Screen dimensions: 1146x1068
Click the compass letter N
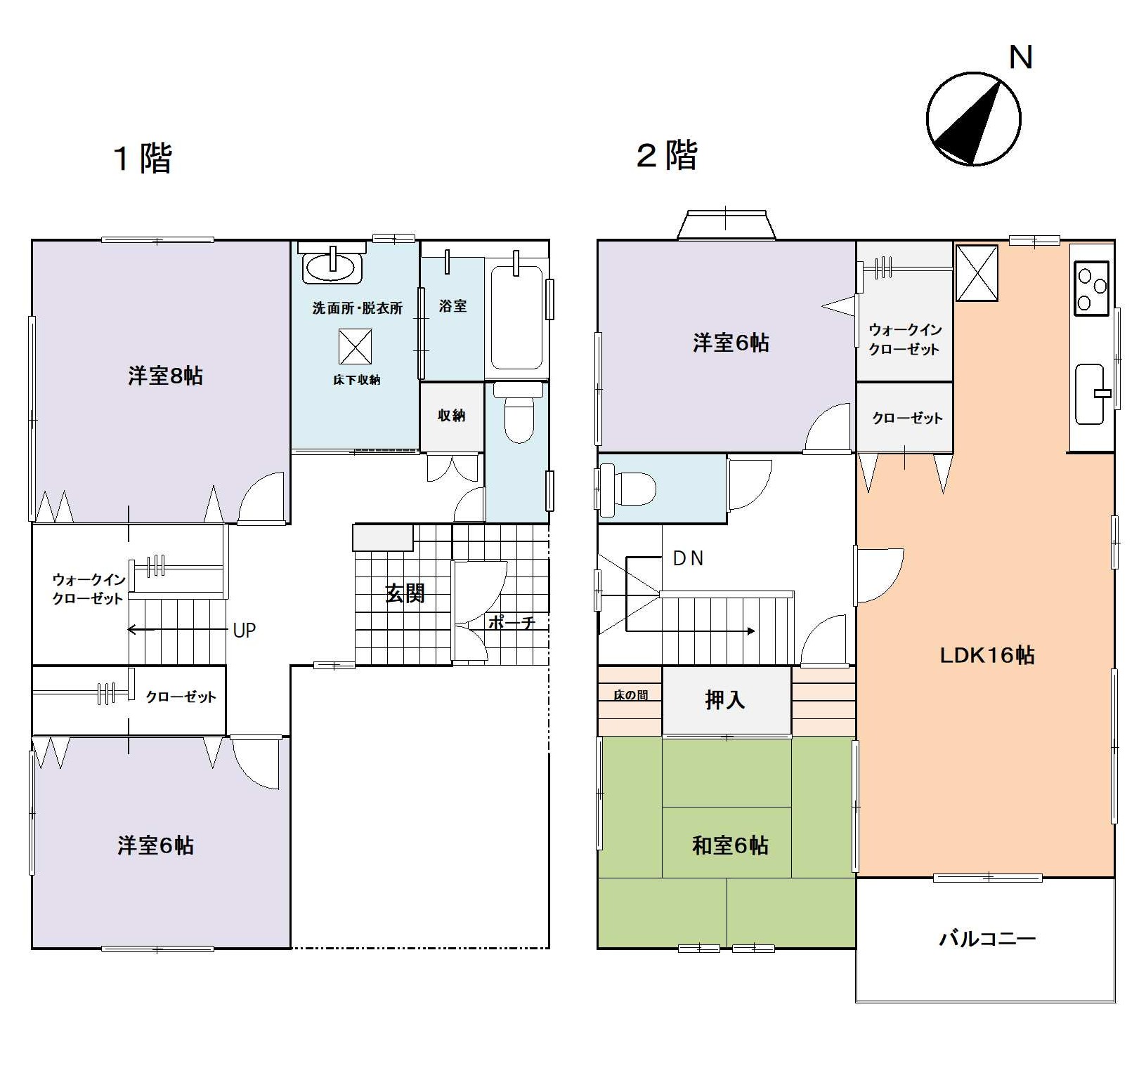(1020, 57)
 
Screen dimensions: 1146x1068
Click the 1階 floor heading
(142, 158)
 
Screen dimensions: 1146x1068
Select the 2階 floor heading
(667, 155)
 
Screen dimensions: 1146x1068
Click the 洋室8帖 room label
(165, 376)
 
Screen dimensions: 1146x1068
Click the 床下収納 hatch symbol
(355, 346)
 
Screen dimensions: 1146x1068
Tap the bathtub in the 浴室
(516, 317)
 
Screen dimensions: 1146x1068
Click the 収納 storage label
(451, 415)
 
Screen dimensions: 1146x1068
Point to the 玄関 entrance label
(405, 593)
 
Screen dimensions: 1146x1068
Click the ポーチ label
(511, 622)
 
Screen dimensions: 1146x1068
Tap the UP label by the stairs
(244, 631)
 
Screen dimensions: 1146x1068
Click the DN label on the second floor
(688, 558)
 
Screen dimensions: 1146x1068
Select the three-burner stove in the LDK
(1091, 287)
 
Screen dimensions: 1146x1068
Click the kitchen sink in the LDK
(1090, 394)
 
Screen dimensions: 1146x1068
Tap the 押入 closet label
(724, 700)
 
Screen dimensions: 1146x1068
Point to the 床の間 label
(630, 695)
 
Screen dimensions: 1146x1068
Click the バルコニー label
(987, 938)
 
